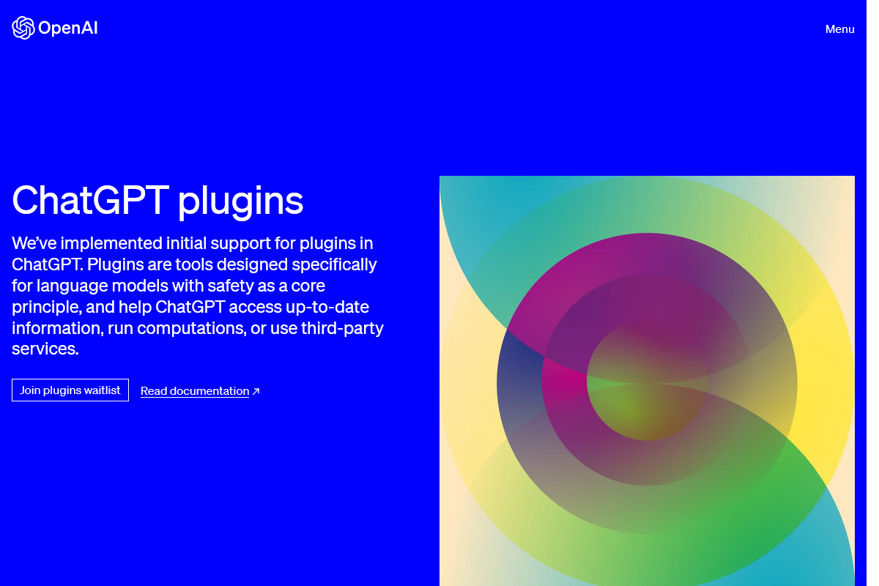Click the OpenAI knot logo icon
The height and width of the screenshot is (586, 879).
pos(23,28)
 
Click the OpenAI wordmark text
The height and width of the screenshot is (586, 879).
pos(67,29)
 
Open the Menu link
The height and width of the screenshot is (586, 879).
pos(839,29)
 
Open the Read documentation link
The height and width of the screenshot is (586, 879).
pos(195,391)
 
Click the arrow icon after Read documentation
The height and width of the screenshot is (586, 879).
pos(256,391)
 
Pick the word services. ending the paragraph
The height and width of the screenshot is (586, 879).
pos(45,349)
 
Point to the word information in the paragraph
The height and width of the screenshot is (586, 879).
pos(57,328)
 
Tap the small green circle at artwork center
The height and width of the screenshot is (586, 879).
pos(648,382)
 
